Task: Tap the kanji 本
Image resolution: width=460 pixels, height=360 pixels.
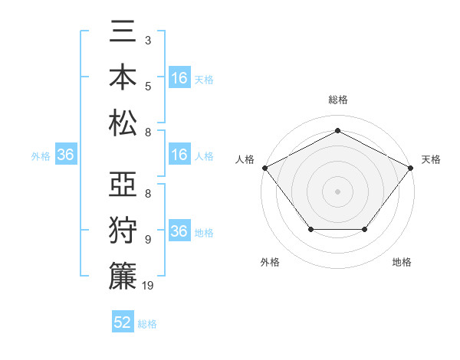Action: click(x=123, y=80)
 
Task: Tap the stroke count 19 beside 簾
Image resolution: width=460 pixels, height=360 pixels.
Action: click(x=149, y=285)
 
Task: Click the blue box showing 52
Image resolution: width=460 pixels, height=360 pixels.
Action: click(x=123, y=322)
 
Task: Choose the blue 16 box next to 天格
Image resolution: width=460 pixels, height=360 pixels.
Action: click(x=179, y=78)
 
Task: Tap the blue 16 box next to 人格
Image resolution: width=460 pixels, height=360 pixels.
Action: click(x=179, y=155)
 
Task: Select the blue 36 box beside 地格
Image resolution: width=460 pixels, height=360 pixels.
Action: click(x=179, y=232)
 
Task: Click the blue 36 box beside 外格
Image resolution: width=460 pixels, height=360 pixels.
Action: click(x=66, y=155)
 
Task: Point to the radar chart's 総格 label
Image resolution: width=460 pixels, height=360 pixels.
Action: click(x=337, y=100)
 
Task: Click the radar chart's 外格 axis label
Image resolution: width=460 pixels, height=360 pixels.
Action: click(x=270, y=262)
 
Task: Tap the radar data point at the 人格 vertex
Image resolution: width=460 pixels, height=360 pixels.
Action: click(x=264, y=167)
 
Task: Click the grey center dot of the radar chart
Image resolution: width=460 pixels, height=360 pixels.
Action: click(x=337, y=191)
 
